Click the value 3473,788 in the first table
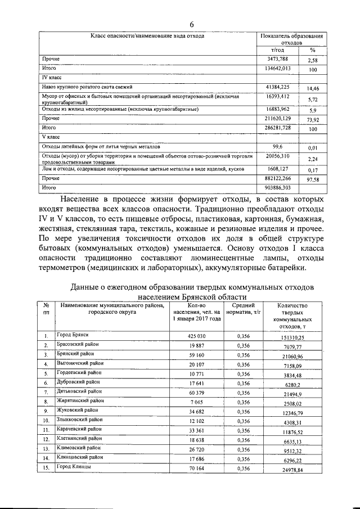tap(282, 58)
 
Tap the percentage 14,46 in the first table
tap(309, 89)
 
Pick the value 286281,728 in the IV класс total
tap(282, 129)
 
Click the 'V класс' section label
tap(51, 137)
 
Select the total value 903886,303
tap(282, 187)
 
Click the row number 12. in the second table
tap(47, 437)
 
